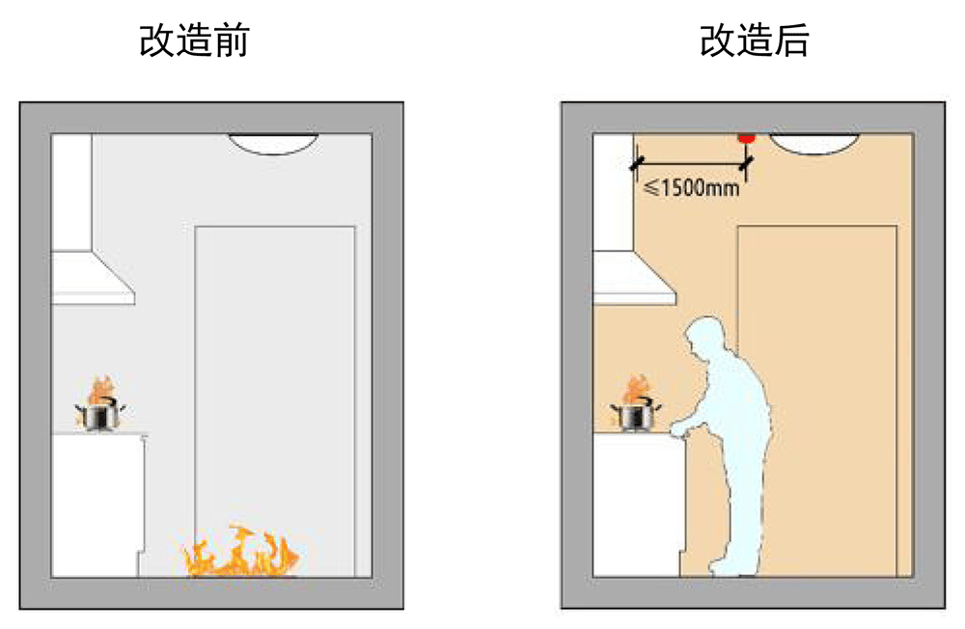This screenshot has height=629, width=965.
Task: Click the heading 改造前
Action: (x=194, y=41)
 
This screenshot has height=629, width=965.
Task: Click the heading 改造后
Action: (x=755, y=41)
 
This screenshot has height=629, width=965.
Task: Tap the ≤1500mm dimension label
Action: (x=691, y=187)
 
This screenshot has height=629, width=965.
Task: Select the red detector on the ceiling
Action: (x=747, y=138)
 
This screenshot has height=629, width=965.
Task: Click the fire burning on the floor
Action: (x=240, y=552)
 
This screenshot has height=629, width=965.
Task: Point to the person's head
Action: (x=706, y=337)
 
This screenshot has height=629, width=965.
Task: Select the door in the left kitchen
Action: (x=275, y=401)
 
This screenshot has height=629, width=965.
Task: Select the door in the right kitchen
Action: (x=816, y=401)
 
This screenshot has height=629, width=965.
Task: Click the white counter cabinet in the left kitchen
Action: (x=98, y=506)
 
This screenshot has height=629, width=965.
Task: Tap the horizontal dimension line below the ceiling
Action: (x=691, y=164)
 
